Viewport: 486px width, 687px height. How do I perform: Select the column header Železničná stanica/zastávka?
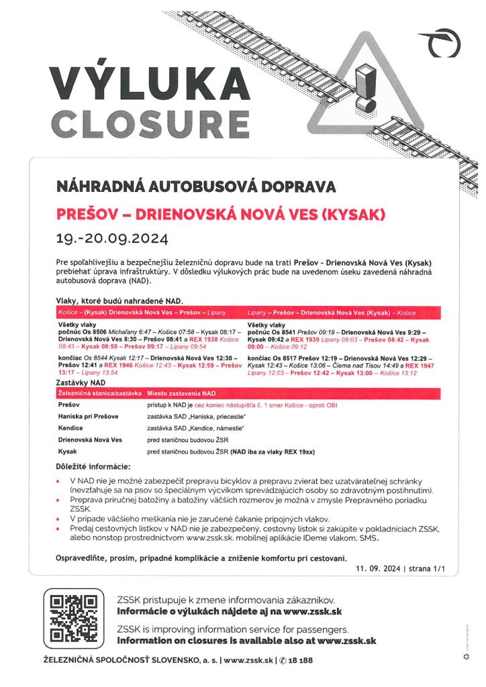tap(99, 393)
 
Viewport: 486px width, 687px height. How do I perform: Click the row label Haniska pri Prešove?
tap(89, 417)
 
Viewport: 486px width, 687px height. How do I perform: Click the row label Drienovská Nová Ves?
tap(91, 440)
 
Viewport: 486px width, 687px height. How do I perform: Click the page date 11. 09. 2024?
tap(378, 568)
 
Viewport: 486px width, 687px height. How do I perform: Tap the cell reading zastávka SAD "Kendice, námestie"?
tap(195, 428)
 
